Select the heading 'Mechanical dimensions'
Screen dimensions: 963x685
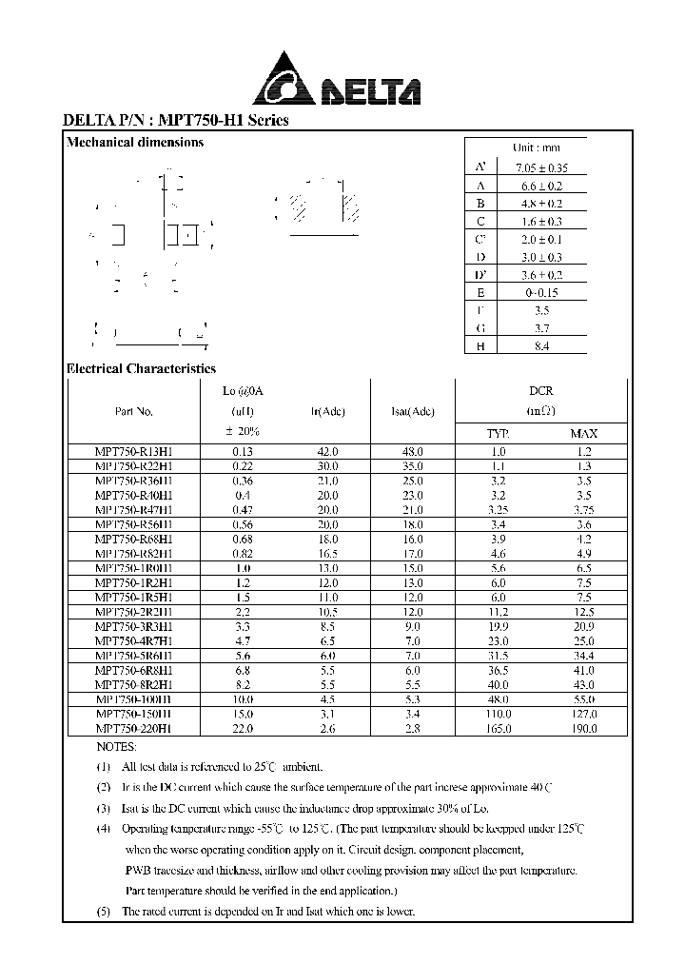point(135,143)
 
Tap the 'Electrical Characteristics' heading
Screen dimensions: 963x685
point(141,369)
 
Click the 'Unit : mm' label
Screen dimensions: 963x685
point(537,147)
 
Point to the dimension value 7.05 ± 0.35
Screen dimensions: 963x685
point(538,167)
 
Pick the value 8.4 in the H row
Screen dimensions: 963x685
point(539,346)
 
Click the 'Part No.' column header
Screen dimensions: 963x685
point(132,412)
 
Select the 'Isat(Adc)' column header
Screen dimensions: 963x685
point(413,412)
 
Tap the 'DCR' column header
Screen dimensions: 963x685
point(541,391)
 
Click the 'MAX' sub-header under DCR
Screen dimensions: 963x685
point(583,434)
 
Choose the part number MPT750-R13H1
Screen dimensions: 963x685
point(133,453)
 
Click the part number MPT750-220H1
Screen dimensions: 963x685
point(133,728)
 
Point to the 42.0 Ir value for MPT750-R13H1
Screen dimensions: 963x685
point(327,453)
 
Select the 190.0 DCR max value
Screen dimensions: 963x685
point(583,728)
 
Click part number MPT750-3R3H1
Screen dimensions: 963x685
point(133,627)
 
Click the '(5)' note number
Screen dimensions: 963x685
point(103,911)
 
